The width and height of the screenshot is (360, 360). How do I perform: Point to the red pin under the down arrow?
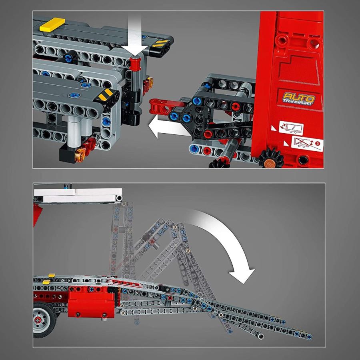pos(135,63)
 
